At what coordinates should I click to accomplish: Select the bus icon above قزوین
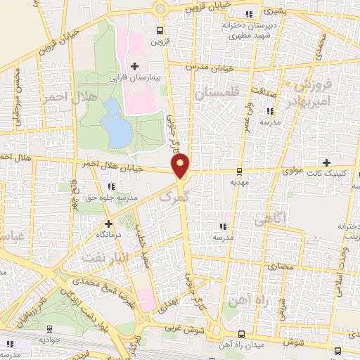click(160, 30)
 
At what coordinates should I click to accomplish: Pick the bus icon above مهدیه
click(240, 171)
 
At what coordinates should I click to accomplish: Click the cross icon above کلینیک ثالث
click(326, 162)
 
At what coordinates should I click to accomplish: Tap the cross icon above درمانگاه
click(108, 224)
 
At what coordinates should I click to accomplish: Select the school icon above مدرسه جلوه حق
click(111, 186)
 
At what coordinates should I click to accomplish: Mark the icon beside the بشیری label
click(247, 14)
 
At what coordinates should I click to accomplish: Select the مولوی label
click(274, 169)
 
